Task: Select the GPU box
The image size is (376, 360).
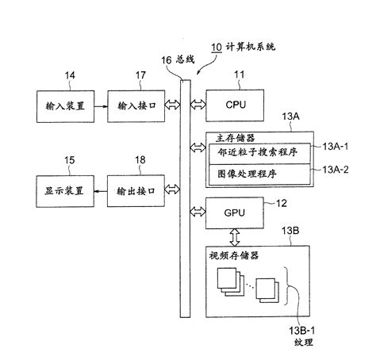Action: [232, 213]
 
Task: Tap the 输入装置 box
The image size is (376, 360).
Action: [66, 105]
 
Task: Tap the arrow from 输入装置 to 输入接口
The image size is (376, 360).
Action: [103, 105]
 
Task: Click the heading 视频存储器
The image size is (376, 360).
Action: [235, 255]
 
